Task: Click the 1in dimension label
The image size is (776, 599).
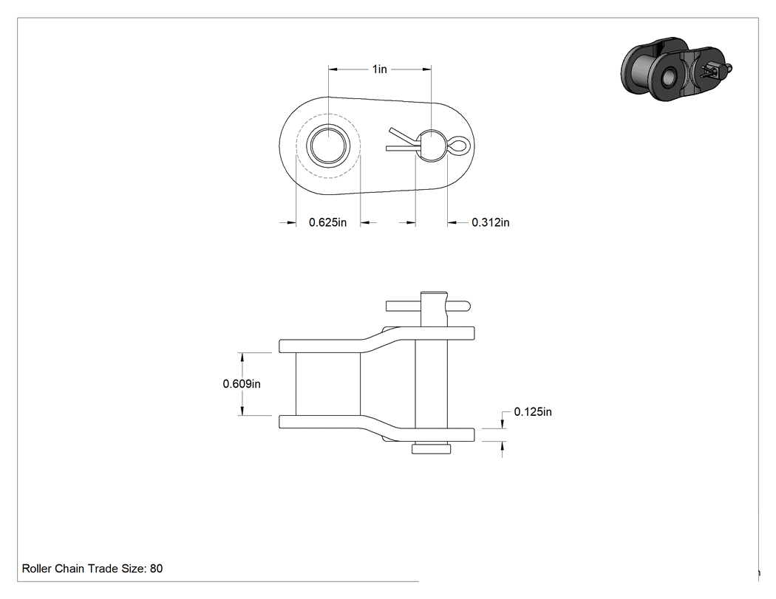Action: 380,69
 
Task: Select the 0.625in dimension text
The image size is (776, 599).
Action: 327,222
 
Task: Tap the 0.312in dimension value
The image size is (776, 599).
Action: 491,222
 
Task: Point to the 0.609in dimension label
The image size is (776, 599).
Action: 242,384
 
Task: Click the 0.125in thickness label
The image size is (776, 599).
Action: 533,412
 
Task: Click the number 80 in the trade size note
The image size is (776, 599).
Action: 157,569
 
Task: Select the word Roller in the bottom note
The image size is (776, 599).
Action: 37,569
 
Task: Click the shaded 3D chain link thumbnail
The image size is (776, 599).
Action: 676,69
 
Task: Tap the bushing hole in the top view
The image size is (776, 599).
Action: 329,146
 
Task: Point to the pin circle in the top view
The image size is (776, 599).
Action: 432,146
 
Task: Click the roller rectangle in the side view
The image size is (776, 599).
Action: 328,384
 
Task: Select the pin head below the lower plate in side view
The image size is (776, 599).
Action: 431,448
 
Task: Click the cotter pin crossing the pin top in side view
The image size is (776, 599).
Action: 428,306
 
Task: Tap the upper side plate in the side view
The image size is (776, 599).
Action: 377,340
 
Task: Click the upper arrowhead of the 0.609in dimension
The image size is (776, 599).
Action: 242,358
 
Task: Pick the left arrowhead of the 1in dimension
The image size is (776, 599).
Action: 334,69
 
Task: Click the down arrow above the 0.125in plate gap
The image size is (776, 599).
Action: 503,423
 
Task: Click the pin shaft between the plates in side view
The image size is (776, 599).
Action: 431,384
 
